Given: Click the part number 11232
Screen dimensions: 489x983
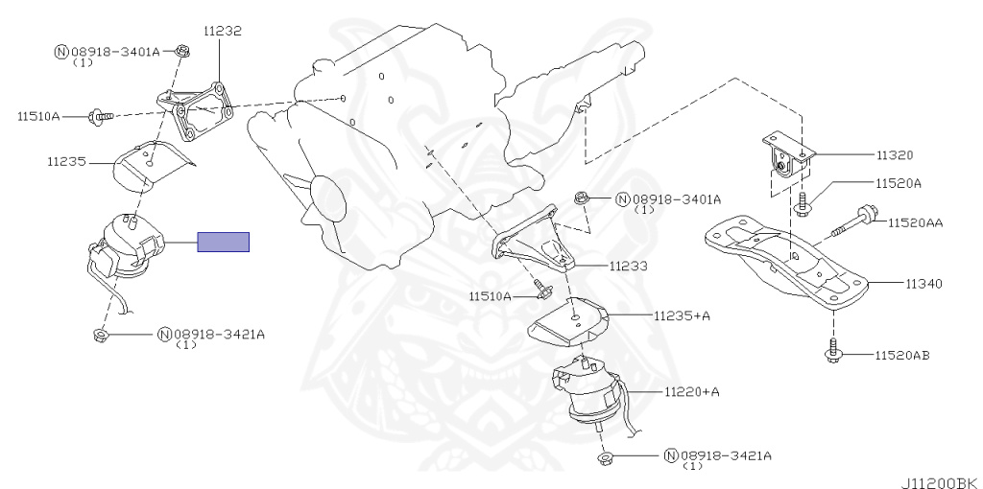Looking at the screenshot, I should point(222,32).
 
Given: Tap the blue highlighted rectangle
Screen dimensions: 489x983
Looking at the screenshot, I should point(224,242).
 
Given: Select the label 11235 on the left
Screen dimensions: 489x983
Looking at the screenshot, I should point(64,162).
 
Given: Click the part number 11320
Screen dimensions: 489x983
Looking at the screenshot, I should point(894,153).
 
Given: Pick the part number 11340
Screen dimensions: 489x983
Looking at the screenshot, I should point(923,284).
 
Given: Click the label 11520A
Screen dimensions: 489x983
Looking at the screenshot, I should point(898,182).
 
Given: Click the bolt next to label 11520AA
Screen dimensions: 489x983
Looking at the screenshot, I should point(852,221).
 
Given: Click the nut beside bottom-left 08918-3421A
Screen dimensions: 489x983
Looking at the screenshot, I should point(101,334).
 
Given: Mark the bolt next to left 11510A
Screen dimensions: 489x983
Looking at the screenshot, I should point(99,116).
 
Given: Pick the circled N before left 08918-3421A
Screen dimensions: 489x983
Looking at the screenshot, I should point(164,335).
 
